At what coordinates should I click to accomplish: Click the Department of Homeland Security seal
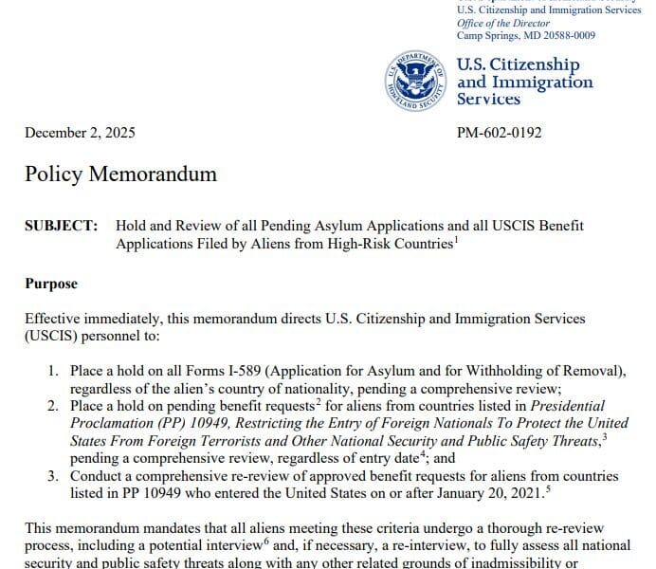point(417,80)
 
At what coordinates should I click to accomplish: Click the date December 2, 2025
point(81,133)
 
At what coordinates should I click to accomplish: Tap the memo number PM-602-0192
point(500,133)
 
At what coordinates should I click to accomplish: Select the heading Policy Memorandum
point(120,174)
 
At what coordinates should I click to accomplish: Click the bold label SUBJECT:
point(62,226)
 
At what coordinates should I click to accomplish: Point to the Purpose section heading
point(51,284)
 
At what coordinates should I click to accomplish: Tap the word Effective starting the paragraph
point(51,319)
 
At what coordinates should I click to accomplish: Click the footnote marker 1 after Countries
point(457,239)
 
